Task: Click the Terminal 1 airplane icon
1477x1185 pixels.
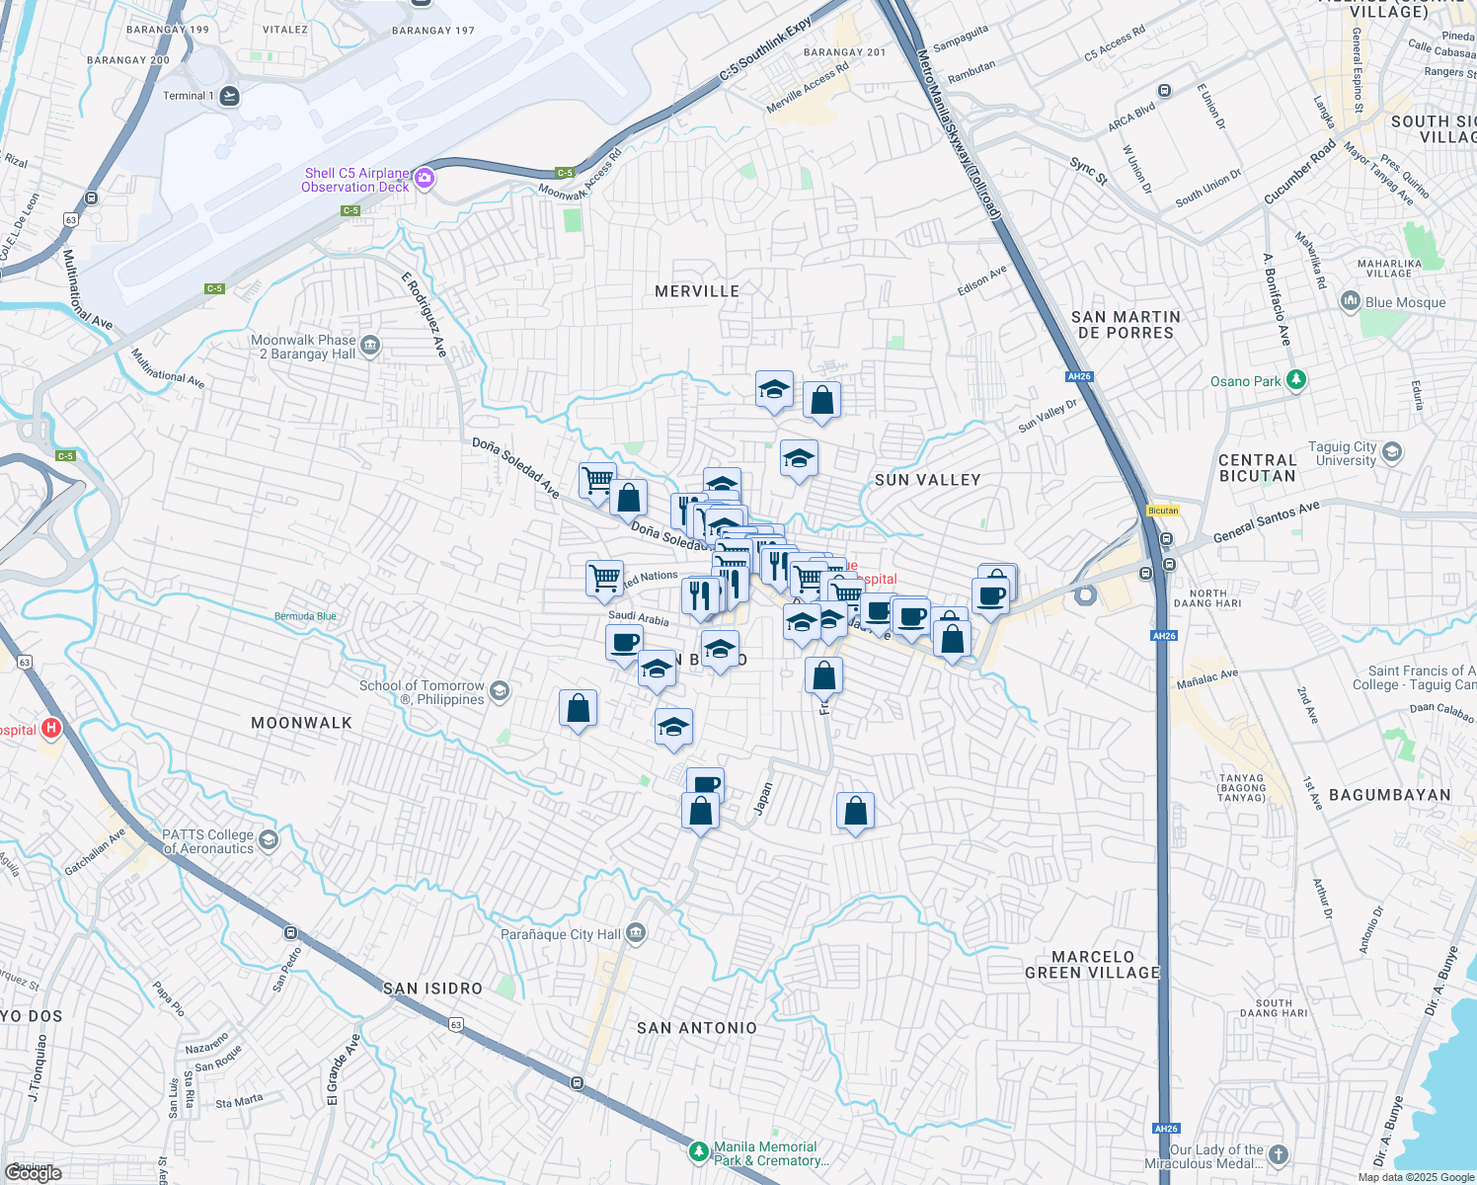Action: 229,96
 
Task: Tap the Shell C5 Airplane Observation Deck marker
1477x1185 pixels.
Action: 425,178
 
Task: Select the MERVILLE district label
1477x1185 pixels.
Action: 697,291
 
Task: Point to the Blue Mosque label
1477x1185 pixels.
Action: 1405,302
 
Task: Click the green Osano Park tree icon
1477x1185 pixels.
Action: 1297,380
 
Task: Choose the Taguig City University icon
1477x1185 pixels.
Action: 1392,452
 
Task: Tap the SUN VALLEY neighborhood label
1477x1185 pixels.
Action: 927,480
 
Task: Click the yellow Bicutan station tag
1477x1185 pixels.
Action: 1163,511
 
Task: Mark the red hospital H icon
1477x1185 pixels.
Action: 50,730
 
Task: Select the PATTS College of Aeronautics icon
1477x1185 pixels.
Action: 269,840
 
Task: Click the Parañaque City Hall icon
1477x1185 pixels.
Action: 636,933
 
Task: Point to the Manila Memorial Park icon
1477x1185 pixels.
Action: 699,1152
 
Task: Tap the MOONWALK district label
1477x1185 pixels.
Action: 301,723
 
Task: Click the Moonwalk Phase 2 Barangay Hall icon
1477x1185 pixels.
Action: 370,345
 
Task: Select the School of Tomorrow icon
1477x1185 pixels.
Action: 500,690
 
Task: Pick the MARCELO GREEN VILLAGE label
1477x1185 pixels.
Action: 1092,965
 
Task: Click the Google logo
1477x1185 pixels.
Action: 34,1172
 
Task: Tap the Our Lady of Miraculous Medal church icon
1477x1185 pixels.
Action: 1279,1154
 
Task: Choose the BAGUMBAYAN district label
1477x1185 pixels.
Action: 1389,795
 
